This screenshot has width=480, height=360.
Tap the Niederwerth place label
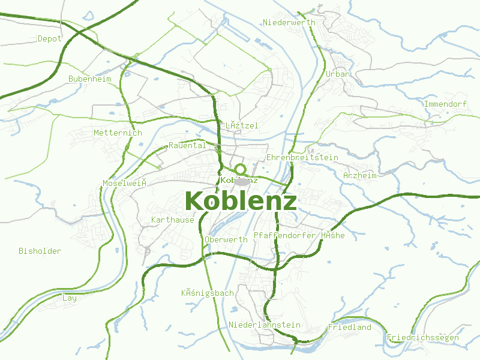click(x=289, y=22)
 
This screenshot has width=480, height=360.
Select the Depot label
click(x=50, y=38)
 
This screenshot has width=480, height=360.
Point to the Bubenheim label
click(x=90, y=79)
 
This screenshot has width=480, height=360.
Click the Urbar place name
click(x=337, y=74)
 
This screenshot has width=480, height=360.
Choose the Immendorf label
click(x=445, y=104)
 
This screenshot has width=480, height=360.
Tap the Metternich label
click(x=118, y=133)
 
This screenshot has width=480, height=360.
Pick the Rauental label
click(x=187, y=145)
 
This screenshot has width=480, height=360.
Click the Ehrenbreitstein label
click(x=302, y=157)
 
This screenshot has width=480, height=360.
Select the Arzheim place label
click(x=360, y=175)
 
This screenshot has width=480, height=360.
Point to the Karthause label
click(x=173, y=220)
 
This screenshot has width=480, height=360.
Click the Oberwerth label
click(x=226, y=239)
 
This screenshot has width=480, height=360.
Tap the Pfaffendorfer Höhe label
click(x=299, y=235)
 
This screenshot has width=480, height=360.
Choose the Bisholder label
click(x=40, y=251)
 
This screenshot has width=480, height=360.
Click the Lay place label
click(x=70, y=298)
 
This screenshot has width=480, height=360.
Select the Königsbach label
click(x=208, y=293)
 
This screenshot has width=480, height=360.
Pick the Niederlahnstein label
click(x=265, y=325)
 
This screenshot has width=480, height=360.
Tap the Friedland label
click(x=350, y=327)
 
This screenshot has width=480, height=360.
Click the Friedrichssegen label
click(x=423, y=337)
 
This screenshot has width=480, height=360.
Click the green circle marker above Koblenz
click(x=241, y=169)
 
